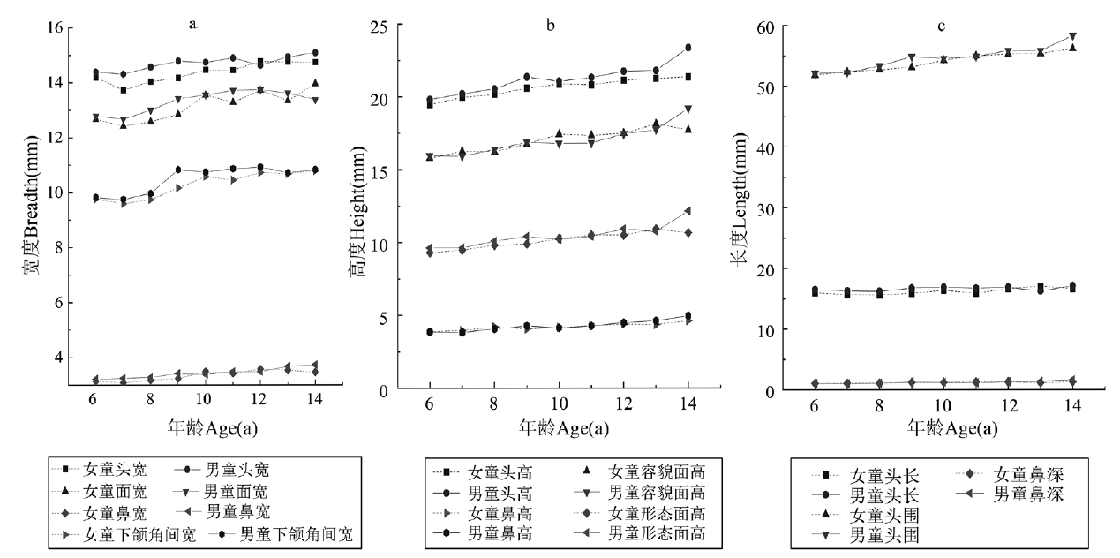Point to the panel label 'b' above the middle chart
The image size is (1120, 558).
click(551, 26)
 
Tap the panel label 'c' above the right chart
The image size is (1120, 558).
click(941, 26)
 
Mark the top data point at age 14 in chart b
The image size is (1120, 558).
click(688, 48)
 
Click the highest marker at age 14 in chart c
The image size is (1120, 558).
click(1072, 36)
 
